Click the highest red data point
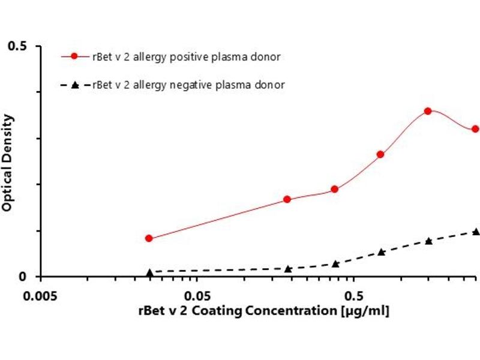pos(428,111)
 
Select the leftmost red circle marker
pos(149,238)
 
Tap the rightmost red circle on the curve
pos(475,129)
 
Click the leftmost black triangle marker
pos(149,272)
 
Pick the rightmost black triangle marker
pos(475,232)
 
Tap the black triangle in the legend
pos(74,85)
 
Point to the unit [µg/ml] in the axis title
pos(365,311)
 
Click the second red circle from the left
pos(287,199)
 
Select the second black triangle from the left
pos(288,269)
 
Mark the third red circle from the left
pos(335,190)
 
